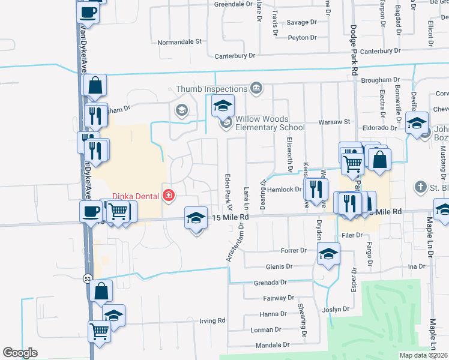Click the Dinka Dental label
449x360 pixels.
[x=136, y=195]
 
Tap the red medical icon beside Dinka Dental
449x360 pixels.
[x=169, y=195]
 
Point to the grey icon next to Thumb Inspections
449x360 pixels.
[x=256, y=89]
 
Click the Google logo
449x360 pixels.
[x=20, y=353]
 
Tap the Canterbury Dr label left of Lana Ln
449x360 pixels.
[x=235, y=56]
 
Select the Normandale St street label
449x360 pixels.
[x=179, y=42]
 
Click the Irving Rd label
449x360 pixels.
[x=212, y=320]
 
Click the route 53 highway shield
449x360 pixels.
[x=88, y=278]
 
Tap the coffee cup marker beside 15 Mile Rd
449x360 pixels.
[x=91, y=211]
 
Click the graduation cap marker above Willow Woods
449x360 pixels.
[x=222, y=106]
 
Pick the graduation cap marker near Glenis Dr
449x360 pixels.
[x=328, y=254]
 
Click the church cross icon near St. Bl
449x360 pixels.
[x=420, y=188]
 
